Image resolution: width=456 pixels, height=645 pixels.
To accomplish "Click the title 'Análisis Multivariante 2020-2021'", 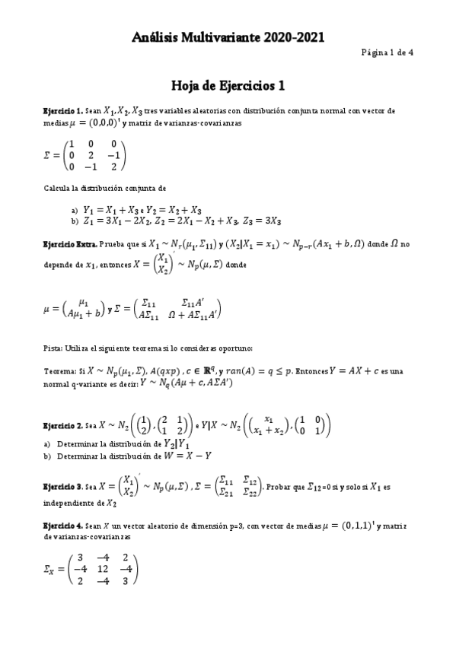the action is (x=228, y=36).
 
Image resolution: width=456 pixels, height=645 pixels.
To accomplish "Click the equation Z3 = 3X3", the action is (x=265, y=221).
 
